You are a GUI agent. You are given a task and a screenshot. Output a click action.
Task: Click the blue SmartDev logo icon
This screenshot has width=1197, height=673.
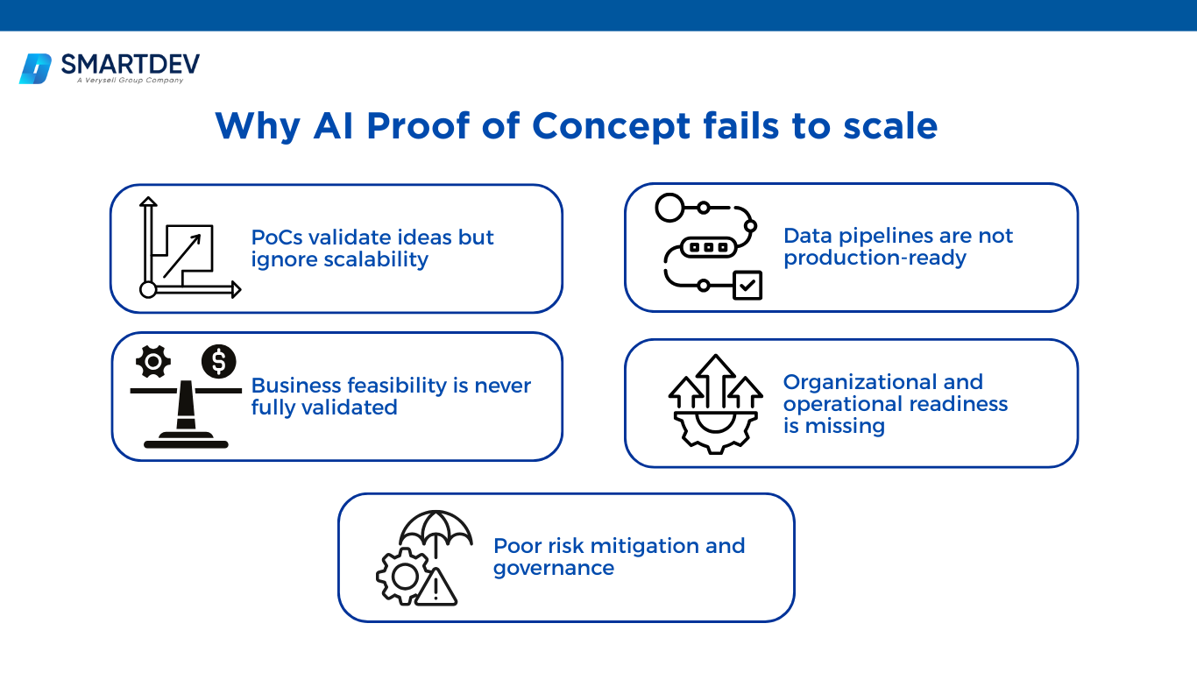point(36,68)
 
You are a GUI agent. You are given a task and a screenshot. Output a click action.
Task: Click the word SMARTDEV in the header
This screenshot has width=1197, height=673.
point(130,64)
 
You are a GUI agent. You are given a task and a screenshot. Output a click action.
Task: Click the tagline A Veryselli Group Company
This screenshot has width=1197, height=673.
point(130,81)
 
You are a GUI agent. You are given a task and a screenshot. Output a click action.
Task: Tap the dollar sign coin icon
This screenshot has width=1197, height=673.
point(218,361)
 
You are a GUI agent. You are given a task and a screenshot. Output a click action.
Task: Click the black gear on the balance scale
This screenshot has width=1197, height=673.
point(154,361)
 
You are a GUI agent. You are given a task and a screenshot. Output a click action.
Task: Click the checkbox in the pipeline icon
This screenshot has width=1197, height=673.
point(747,285)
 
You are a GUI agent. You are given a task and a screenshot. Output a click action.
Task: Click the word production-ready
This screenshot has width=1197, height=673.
point(875,258)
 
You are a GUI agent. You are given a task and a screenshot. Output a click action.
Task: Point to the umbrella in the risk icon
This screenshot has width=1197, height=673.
point(436,528)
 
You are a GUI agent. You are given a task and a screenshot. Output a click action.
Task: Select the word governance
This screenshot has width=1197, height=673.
point(553,568)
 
